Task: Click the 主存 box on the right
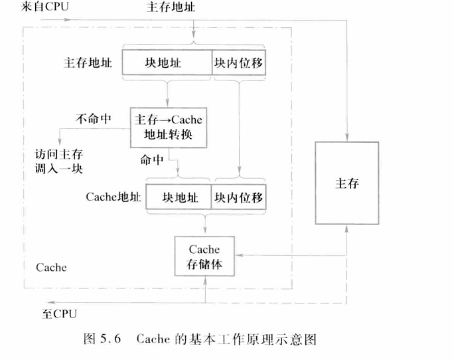pos(346,183)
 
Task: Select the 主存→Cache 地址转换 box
pos(168,127)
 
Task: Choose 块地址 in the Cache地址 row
pos(176,197)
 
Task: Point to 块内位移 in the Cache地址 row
pos(238,197)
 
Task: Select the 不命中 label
pos(94,120)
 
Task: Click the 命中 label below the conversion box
pos(151,159)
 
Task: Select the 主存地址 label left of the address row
pos(88,63)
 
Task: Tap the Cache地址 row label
pos(110,198)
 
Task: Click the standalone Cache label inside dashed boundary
pos(50,268)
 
